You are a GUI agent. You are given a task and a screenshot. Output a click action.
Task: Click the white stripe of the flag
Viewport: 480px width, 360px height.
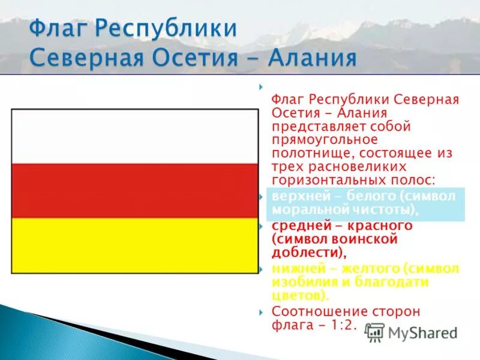click(135, 136)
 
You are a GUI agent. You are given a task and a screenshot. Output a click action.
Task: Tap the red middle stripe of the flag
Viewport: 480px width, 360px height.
click(135, 191)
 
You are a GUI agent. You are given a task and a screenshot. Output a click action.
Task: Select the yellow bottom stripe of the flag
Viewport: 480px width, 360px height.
click(135, 245)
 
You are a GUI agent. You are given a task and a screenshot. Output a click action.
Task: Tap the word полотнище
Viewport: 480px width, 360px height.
click(305, 153)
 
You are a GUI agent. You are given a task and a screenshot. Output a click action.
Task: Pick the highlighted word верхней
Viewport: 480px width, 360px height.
click(298, 197)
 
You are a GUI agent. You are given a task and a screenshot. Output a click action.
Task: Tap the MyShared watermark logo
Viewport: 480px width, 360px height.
click(412, 332)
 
